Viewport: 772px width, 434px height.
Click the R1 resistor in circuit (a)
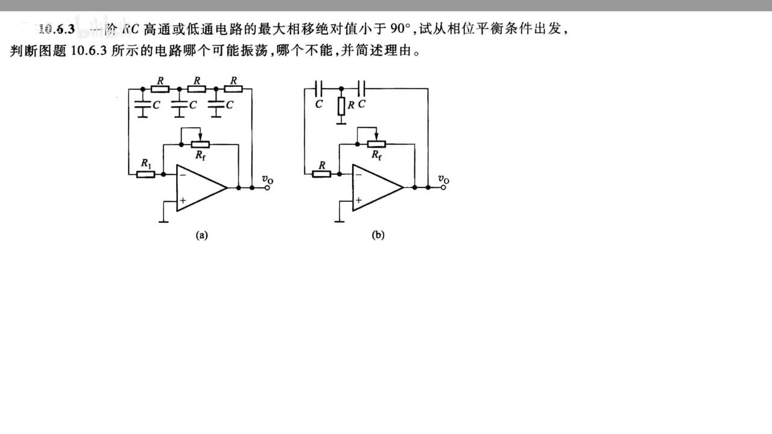click(x=145, y=174)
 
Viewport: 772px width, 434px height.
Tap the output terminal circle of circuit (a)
click(x=266, y=188)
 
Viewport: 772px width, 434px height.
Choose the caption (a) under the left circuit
click(x=201, y=236)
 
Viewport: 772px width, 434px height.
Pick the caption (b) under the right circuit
click(x=378, y=236)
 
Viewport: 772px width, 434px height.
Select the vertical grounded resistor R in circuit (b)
click(x=341, y=106)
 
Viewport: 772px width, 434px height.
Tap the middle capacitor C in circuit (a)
click(x=179, y=105)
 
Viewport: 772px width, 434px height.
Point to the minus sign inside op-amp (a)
click(x=182, y=175)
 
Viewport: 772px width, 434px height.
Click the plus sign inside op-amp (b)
click(x=358, y=200)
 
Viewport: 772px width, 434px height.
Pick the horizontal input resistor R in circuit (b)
click(x=321, y=174)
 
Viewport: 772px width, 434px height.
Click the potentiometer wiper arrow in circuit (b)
click(x=375, y=134)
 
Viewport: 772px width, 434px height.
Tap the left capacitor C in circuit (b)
click(x=320, y=89)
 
